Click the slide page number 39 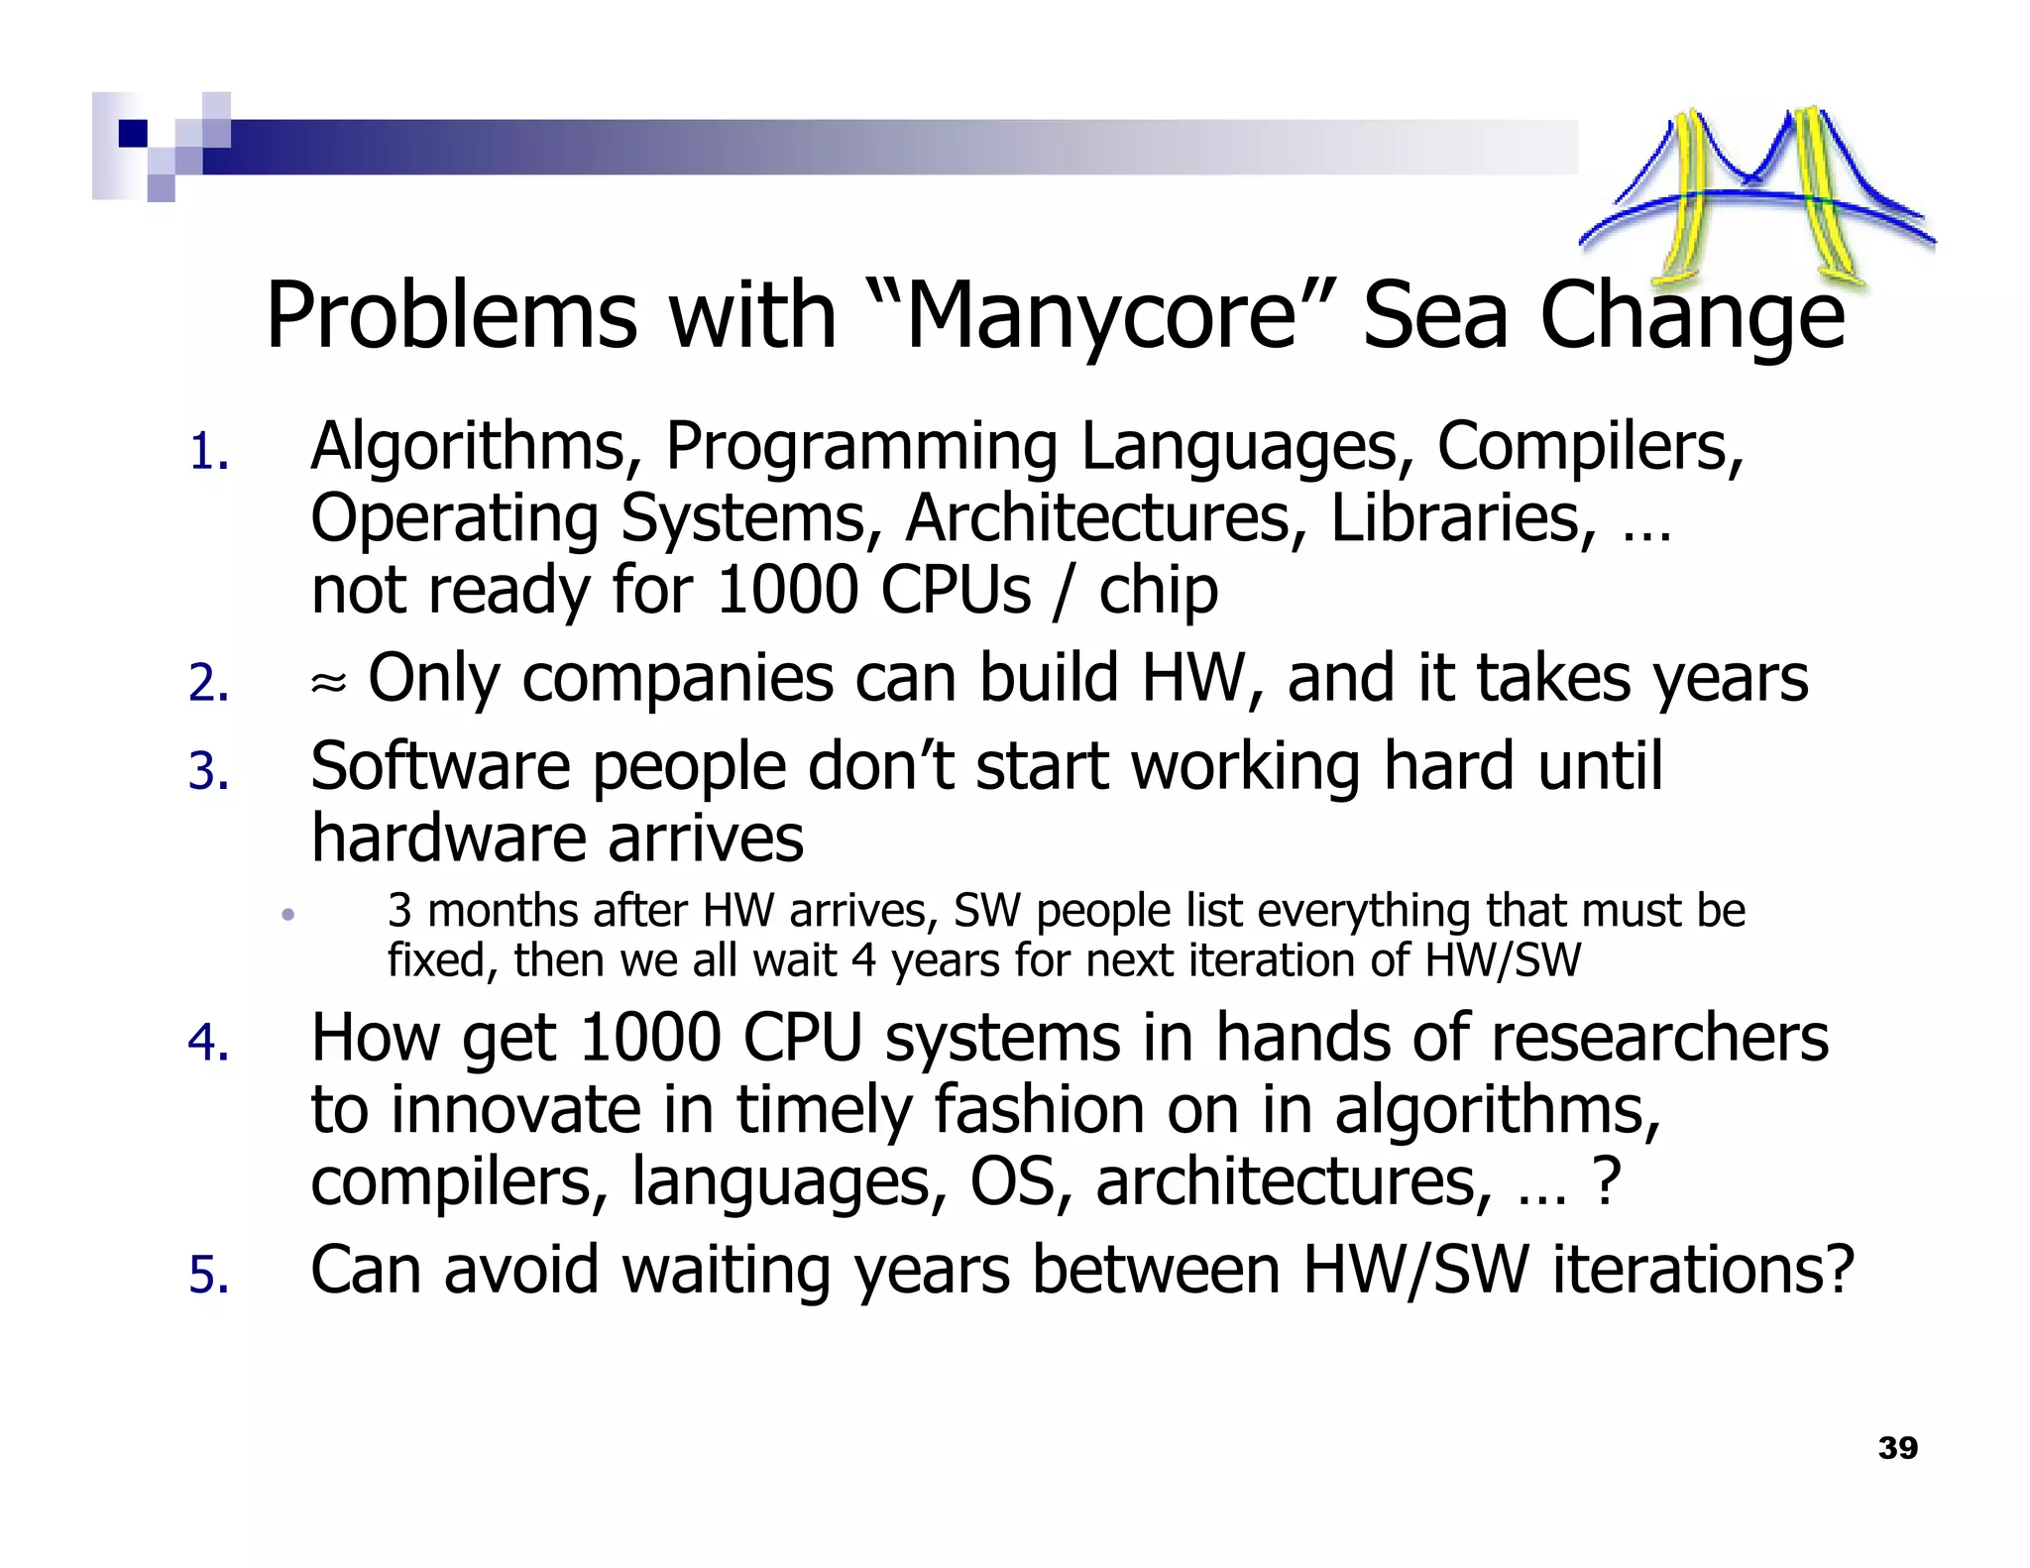[1897, 1448]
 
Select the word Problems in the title [451, 316]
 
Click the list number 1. [208, 453]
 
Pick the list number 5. [208, 1275]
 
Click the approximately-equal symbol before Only [329, 682]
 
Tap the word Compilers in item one [1589, 447]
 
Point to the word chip [1158, 592]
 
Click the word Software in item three [440, 766]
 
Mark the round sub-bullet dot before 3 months [288, 915]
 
